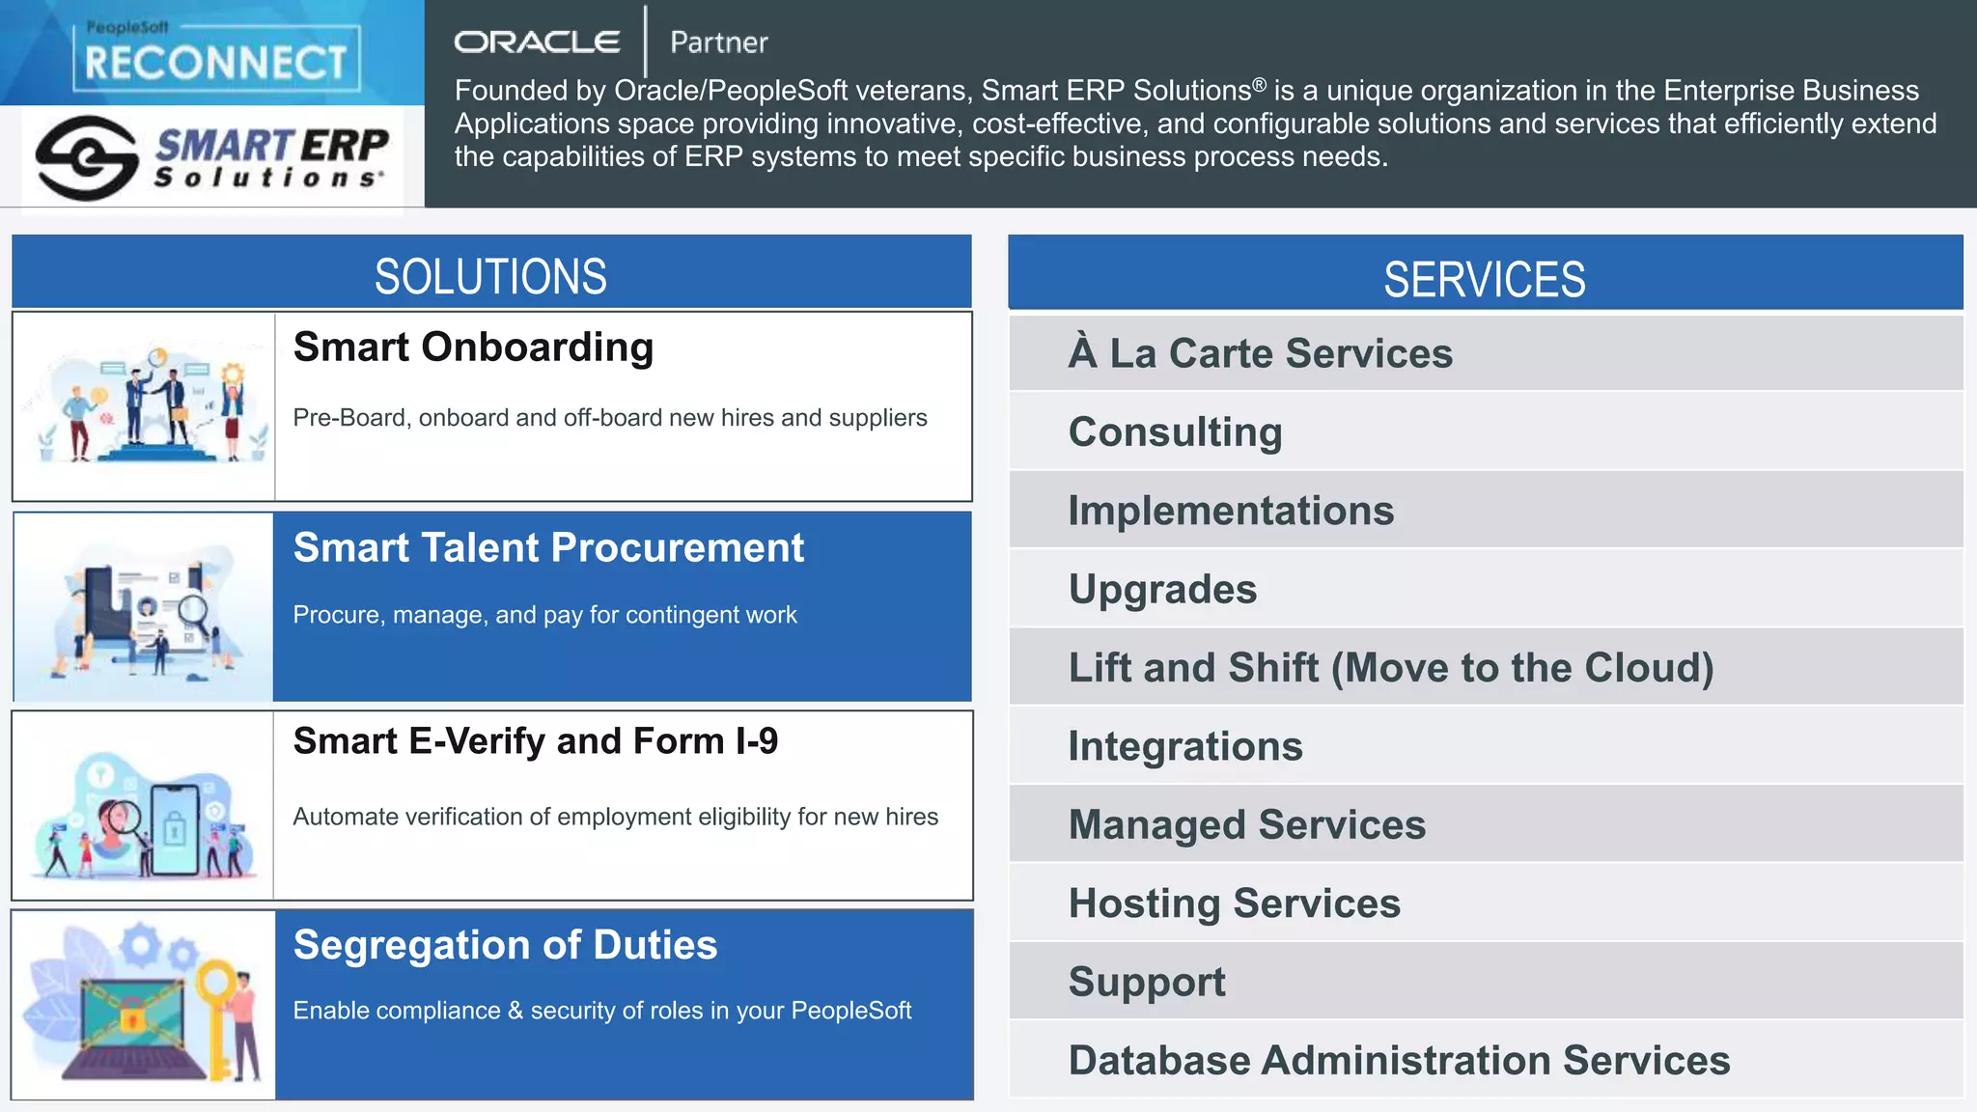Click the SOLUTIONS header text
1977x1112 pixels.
click(490, 276)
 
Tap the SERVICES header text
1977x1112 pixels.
click(1484, 280)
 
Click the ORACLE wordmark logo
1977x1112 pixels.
click(537, 42)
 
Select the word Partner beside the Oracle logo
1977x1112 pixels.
click(719, 42)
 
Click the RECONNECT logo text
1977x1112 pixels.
click(215, 63)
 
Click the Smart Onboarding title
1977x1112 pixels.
click(473, 347)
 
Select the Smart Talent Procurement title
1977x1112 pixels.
click(548, 548)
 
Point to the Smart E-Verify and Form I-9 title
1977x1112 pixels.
click(535, 741)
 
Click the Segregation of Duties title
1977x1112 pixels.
click(505, 945)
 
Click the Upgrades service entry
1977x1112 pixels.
click(1162, 589)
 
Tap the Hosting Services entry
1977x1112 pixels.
click(1234, 903)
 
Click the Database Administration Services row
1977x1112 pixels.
click(1399, 1060)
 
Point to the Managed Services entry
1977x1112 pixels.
click(1246, 825)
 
